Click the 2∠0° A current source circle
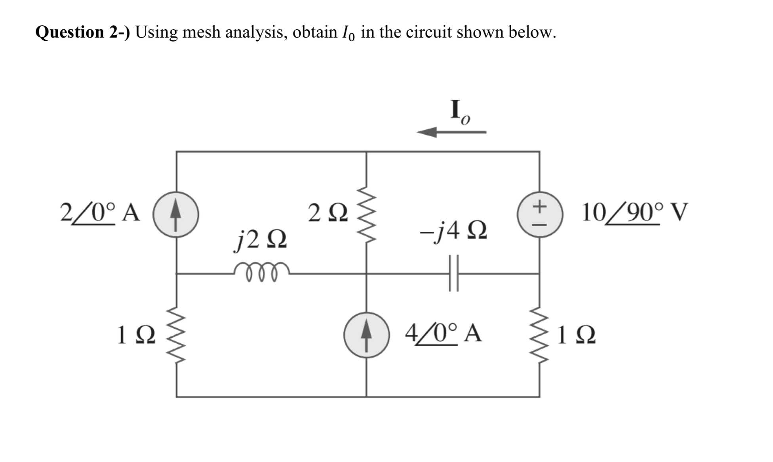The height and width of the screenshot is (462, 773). click(176, 215)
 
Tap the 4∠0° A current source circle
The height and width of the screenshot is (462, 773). click(366, 335)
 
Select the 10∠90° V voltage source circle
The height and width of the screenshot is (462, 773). click(539, 215)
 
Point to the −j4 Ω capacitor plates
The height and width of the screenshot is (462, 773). click(454, 273)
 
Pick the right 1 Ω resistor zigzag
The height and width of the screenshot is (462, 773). click(539, 335)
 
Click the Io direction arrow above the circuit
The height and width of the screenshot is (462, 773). click(451, 132)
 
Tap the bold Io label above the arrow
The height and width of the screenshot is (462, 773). click(459, 112)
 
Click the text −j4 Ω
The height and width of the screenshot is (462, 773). click(453, 232)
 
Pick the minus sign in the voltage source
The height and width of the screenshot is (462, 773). click(539, 225)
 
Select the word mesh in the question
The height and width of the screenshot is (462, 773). click(202, 32)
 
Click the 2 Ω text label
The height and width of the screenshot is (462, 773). click(328, 214)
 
